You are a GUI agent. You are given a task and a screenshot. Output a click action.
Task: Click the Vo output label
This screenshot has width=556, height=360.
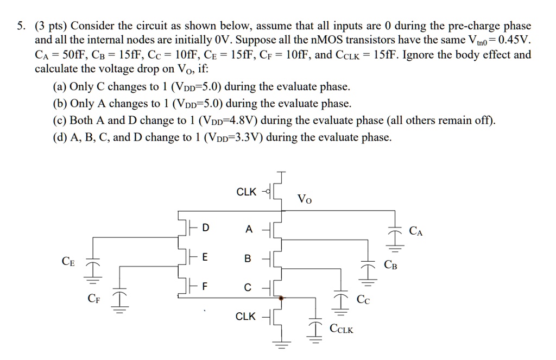click(x=305, y=199)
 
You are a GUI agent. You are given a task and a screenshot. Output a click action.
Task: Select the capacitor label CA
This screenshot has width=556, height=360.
click(x=416, y=232)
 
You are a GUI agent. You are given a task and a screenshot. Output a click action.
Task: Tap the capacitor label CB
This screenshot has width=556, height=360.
click(x=390, y=265)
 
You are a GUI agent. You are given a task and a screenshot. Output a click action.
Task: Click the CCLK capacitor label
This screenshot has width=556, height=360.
click(x=341, y=330)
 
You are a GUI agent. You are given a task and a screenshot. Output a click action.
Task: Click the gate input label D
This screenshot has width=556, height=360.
click(x=205, y=229)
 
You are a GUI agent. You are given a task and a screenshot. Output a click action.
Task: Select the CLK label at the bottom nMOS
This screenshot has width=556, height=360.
click(x=245, y=316)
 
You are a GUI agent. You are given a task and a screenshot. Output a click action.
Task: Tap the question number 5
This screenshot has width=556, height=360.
click(x=22, y=26)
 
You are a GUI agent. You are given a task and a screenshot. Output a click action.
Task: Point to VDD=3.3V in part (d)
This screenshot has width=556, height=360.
click(x=228, y=138)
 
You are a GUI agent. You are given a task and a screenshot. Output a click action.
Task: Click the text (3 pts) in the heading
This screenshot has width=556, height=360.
click(x=52, y=26)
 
